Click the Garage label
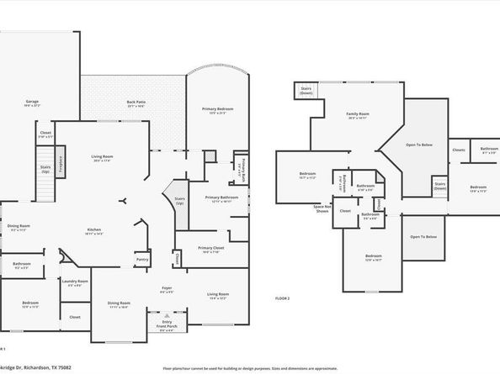pos(31,103)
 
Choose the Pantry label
pos(142,261)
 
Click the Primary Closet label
pos(210,250)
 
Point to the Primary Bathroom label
pos(221,198)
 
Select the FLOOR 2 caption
pos(282,298)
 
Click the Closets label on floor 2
pos(458,150)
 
